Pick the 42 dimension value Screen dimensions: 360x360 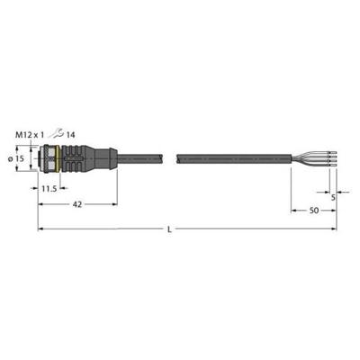click(78, 204)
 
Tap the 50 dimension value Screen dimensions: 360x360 click(313, 210)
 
